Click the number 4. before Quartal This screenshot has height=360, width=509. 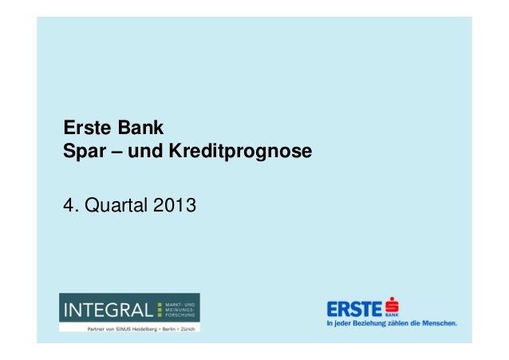coord(69,208)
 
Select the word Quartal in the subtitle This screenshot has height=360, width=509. coord(114,208)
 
